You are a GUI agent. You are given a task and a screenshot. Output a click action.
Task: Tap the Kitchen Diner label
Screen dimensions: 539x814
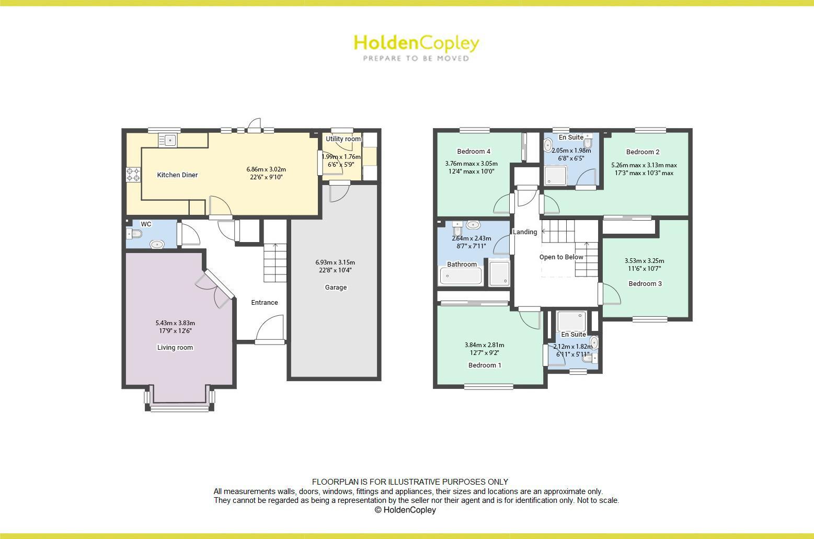pos(177,175)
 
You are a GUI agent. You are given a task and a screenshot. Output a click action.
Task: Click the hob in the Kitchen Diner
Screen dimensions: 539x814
pos(133,174)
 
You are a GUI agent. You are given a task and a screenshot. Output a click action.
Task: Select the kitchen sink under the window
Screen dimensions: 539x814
pos(168,140)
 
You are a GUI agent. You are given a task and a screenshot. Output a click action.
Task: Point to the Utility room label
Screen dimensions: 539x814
pos(343,139)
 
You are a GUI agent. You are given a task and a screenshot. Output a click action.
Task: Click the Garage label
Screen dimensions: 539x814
pos(336,288)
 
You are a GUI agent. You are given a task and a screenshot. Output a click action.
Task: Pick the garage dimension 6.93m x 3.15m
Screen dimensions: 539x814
pos(335,262)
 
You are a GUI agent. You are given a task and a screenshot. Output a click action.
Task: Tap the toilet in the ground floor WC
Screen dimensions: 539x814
pos(135,234)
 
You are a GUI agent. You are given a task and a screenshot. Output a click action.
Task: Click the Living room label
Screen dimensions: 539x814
pos(175,348)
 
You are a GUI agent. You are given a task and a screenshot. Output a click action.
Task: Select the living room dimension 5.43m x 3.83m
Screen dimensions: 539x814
pos(175,323)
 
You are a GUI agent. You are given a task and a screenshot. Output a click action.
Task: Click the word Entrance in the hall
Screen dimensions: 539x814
pos(265,303)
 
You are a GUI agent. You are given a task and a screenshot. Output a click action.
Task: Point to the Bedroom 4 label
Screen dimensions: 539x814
pos(474,152)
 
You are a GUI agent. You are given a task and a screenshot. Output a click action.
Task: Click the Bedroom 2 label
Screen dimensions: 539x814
pos(643,152)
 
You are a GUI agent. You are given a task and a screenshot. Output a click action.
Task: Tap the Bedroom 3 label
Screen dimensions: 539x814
pos(645,284)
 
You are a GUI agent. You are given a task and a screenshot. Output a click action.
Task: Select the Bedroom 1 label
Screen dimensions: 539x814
pos(485,365)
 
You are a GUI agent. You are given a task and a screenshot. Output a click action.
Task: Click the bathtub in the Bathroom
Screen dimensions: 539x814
pos(461,276)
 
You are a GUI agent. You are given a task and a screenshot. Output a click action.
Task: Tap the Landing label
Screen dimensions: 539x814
pos(525,232)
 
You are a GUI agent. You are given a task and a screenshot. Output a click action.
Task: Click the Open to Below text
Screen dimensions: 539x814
pos(561,257)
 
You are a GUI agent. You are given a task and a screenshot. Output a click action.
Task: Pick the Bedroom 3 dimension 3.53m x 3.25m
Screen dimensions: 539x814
pos(645,261)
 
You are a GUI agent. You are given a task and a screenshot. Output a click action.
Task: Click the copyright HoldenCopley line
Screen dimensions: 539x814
pos(405,510)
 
